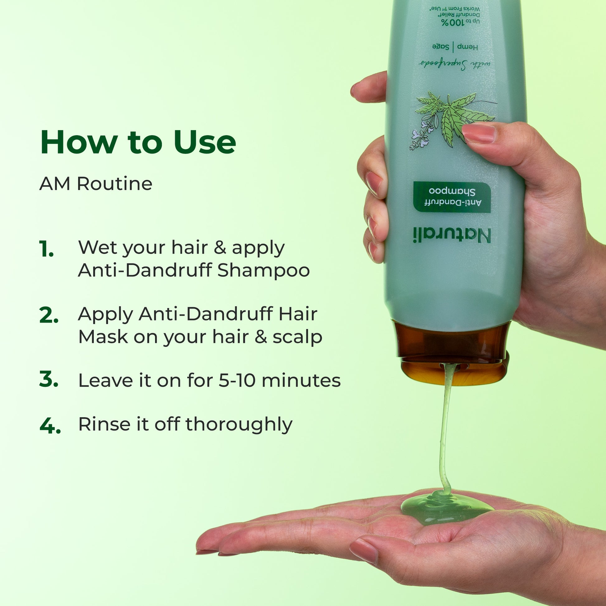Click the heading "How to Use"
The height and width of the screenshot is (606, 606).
(x=138, y=142)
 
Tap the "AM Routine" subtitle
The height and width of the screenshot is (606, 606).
(x=96, y=183)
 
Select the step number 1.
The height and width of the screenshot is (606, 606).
(x=46, y=249)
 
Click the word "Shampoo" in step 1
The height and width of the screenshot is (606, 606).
(x=263, y=271)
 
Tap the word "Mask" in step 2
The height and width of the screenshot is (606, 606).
(x=103, y=337)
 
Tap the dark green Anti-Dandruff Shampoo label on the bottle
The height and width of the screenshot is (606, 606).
(x=452, y=197)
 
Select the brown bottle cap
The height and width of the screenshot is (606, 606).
(x=452, y=353)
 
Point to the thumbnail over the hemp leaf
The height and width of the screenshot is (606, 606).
(x=479, y=133)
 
